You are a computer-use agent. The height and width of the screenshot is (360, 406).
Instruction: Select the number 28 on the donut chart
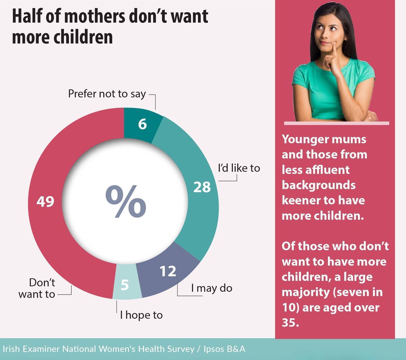[x=202, y=187]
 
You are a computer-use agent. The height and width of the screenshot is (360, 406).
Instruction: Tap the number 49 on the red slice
[x=45, y=202]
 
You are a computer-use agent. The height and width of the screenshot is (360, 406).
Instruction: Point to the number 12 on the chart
[x=168, y=271]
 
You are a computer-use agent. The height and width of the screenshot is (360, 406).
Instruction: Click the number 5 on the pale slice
[x=125, y=285]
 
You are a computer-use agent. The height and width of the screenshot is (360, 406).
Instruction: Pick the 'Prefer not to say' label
[x=107, y=94]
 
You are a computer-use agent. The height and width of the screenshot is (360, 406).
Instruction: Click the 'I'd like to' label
[x=239, y=168]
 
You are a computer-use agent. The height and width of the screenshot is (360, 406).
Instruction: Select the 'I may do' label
[x=211, y=288]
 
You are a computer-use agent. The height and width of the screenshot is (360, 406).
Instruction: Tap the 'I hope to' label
[x=141, y=315]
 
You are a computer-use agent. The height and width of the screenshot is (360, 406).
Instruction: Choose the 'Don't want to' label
[x=37, y=288]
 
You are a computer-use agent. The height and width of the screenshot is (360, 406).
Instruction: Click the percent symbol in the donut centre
[x=126, y=202]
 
